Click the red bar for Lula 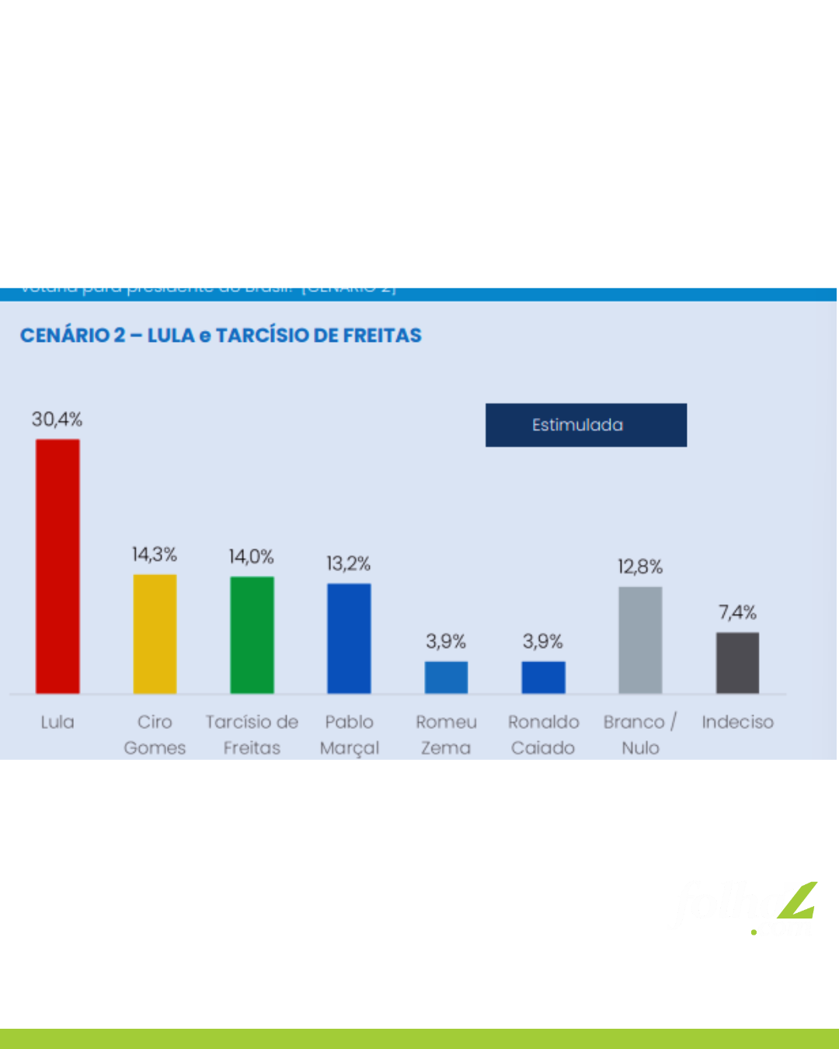(x=57, y=566)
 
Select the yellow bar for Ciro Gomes (x=155, y=633)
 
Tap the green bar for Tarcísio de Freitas (x=252, y=635)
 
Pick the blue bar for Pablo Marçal (x=349, y=638)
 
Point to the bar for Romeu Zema (x=446, y=677)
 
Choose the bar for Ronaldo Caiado (x=543, y=677)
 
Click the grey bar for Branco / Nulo (x=640, y=640)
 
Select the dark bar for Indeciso (x=737, y=662)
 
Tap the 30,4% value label (x=57, y=420)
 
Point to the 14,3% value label (x=155, y=554)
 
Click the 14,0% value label (x=251, y=556)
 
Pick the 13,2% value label (x=348, y=563)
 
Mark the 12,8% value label (x=640, y=566)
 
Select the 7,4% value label (x=737, y=612)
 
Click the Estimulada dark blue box (x=586, y=425)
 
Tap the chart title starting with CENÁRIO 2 (x=221, y=335)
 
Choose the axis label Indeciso (x=737, y=722)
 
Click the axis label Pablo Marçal (x=349, y=734)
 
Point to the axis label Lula (x=57, y=722)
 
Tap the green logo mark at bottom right (x=799, y=901)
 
